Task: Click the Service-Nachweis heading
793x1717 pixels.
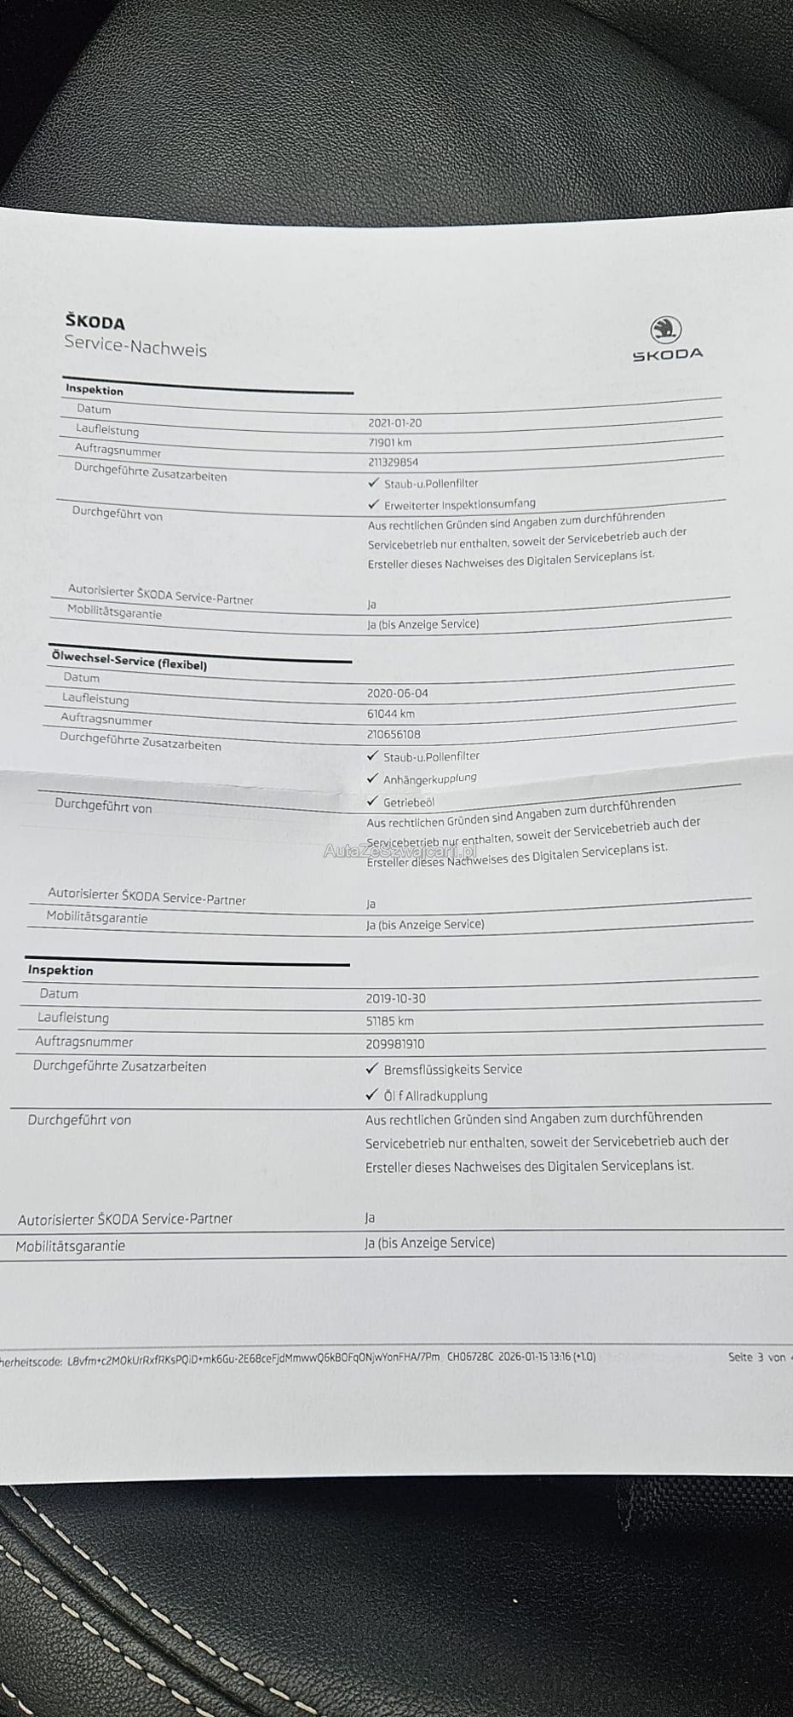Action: (x=135, y=348)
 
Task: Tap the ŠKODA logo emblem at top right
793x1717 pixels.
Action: (x=666, y=330)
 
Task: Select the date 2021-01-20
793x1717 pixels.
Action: (x=394, y=422)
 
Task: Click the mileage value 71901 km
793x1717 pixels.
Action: (x=389, y=442)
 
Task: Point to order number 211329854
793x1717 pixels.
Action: (x=393, y=462)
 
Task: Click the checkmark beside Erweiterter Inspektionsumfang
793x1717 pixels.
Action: (x=373, y=503)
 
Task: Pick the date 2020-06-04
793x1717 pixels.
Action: (x=397, y=693)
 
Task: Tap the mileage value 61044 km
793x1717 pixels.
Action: (x=391, y=714)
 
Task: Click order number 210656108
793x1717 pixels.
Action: (x=394, y=734)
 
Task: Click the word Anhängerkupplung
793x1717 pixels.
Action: (x=429, y=778)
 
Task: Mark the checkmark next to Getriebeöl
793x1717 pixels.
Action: (x=372, y=801)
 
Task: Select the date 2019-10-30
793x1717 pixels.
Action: (x=395, y=998)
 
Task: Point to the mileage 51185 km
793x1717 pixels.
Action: (x=389, y=1021)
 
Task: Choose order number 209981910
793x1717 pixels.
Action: (x=395, y=1044)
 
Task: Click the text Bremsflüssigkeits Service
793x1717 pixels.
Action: (x=452, y=1069)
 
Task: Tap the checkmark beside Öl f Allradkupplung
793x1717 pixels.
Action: (x=371, y=1094)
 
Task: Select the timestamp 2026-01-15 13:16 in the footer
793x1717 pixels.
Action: (x=534, y=1357)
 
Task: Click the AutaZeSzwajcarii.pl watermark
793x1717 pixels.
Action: (x=399, y=850)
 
